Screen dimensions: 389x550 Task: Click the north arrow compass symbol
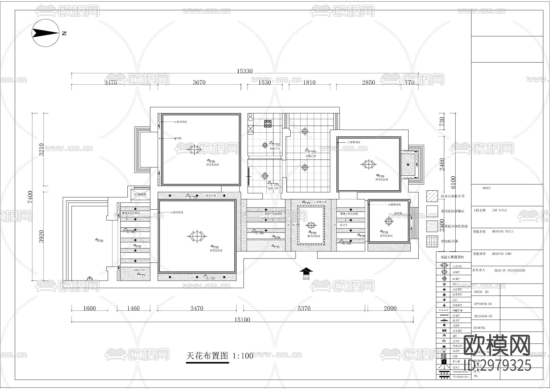coord(46,33)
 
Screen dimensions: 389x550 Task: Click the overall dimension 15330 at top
coord(244,71)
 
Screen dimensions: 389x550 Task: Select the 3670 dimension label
coord(199,83)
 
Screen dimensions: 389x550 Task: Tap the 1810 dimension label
coord(309,83)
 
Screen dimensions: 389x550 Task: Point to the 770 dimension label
coord(409,83)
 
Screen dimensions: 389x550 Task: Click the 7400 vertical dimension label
coord(30,197)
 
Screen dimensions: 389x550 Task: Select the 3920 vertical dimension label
coord(42,237)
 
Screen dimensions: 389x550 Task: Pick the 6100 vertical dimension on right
coord(453,182)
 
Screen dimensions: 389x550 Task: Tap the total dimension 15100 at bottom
coord(242,320)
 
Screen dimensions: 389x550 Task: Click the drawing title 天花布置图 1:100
coord(219,356)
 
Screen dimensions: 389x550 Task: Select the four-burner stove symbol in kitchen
coord(268,123)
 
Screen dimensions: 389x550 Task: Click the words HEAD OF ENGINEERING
coord(509,270)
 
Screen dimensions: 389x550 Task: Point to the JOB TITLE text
coord(499,210)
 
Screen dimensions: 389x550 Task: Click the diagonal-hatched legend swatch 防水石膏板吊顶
coord(432,196)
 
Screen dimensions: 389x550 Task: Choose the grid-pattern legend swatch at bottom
coord(432,241)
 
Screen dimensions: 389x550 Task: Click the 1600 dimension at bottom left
coord(89,309)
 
